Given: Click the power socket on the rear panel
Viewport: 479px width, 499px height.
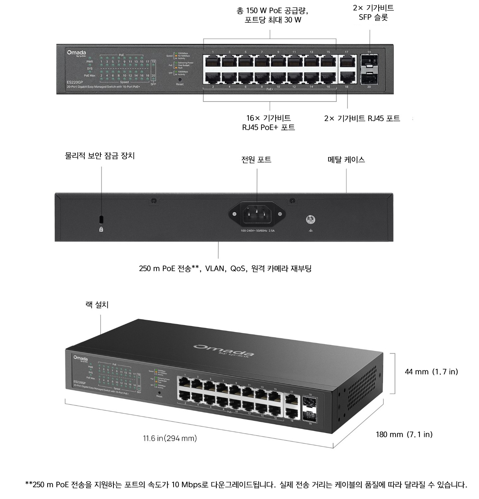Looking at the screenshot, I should tap(257, 214).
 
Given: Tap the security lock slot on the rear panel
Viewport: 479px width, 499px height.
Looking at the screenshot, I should tap(101, 219).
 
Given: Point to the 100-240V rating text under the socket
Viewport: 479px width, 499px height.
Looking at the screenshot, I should tap(258, 230).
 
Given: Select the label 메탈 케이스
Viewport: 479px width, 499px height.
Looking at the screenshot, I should tap(346, 160).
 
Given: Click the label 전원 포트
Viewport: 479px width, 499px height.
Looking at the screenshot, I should tap(256, 160).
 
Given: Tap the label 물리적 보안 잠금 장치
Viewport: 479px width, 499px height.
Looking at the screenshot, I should tap(100, 156).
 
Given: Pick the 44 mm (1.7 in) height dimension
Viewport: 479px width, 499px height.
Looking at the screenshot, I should tap(431, 372).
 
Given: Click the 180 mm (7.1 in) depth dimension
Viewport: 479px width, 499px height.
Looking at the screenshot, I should tap(404, 434).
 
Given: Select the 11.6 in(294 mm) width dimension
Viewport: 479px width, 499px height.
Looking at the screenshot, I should tap(170, 439).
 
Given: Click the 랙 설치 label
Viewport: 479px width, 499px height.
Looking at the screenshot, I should tap(97, 304).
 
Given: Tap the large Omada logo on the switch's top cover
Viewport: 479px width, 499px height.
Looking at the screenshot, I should tap(224, 350).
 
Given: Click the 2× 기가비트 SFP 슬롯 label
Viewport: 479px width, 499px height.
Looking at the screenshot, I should tap(373, 12).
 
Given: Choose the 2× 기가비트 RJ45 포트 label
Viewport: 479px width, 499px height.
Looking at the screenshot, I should tap(362, 119).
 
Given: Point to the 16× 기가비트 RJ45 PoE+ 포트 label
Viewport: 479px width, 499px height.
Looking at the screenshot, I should tap(269, 123).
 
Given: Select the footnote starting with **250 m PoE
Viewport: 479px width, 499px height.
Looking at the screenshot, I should tap(246, 484).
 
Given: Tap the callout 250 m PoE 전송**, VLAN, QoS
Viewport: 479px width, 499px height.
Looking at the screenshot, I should tap(225, 268).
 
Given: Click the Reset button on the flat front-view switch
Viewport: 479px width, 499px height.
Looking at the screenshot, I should tap(180, 80).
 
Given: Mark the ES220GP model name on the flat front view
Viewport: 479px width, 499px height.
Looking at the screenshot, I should tap(74, 82).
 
